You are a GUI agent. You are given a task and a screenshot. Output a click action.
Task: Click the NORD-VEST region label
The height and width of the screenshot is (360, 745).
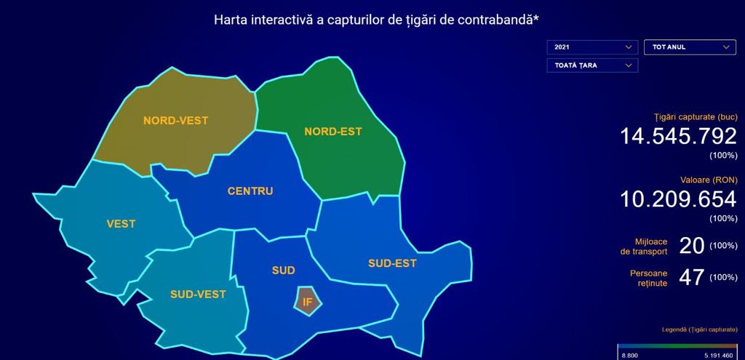coord(176,121)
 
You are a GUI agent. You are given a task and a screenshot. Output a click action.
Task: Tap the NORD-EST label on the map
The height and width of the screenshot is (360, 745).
coord(333,132)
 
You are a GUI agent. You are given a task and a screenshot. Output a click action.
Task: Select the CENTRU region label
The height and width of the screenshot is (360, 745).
coord(250,191)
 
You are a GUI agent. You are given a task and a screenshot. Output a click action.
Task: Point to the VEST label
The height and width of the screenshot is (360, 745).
coord(121,224)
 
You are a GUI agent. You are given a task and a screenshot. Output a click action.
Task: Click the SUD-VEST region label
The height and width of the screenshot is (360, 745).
coord(198,295)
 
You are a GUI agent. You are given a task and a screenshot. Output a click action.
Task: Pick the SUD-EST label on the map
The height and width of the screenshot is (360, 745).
coord(392,263)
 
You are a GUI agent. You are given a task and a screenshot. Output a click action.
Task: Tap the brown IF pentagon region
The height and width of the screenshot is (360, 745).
coord(308,301)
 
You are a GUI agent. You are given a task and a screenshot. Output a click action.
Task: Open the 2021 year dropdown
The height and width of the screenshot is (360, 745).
coord(592,47)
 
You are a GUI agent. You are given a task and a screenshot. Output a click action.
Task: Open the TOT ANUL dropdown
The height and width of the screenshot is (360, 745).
coord(690,47)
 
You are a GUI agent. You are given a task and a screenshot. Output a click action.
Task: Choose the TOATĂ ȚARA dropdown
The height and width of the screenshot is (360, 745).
coord(592,65)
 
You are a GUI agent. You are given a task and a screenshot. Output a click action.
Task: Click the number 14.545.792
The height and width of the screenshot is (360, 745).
coord(679,136)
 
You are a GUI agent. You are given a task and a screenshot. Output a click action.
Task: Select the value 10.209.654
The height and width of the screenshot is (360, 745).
coord(679,199)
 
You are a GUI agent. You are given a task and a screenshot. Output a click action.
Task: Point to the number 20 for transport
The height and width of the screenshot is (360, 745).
coord(691,246)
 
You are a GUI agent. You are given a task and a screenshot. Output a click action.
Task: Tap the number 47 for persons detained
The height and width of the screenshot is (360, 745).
coord(691,278)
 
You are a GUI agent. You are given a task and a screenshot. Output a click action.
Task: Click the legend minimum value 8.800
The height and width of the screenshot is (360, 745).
coord(629,355)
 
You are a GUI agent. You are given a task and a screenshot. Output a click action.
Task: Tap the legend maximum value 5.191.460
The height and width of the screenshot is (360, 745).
coord(720,355)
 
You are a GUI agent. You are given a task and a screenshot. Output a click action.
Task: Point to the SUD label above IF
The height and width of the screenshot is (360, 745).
coord(284,271)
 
